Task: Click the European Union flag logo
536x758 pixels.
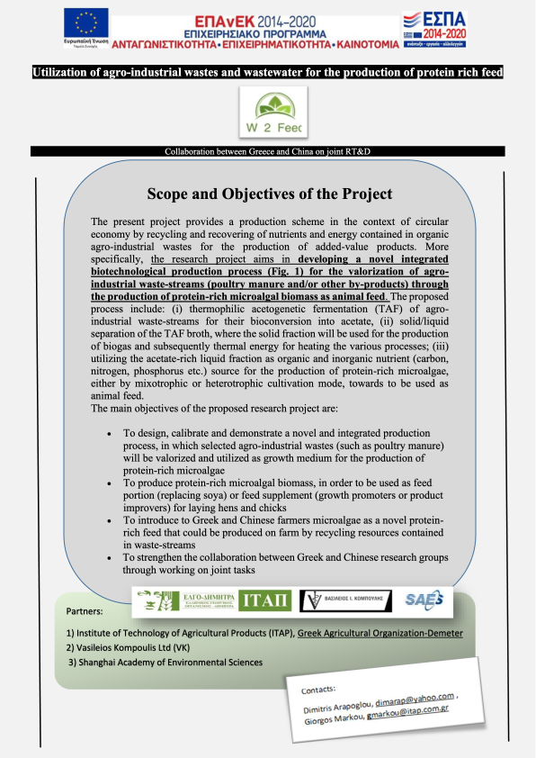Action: pyautogui.click(x=86, y=22)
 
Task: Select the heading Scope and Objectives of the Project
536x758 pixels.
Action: pyautogui.click(x=267, y=194)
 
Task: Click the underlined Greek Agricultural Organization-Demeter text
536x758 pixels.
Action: pyautogui.click(x=381, y=633)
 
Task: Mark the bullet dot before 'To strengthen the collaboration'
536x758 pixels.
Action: pyautogui.click(x=109, y=558)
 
